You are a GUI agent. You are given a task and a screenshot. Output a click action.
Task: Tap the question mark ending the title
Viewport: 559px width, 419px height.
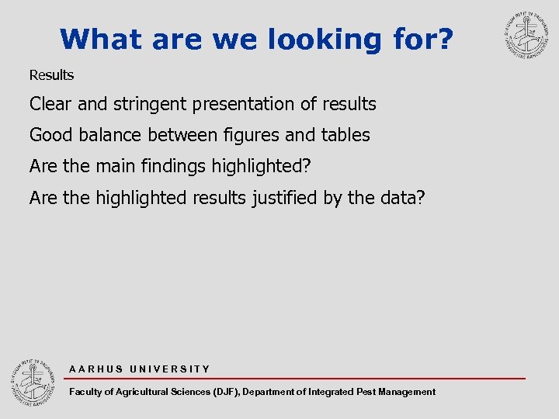coord(442,39)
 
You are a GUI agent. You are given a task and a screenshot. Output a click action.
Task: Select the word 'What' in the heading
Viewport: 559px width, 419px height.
coord(103,39)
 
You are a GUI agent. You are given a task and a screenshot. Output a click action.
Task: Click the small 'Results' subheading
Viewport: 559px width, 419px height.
coord(51,75)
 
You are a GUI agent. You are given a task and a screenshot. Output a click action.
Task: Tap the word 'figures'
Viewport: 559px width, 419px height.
coord(248,135)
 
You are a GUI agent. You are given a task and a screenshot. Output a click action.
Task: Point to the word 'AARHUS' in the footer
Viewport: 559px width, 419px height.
coord(96,369)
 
